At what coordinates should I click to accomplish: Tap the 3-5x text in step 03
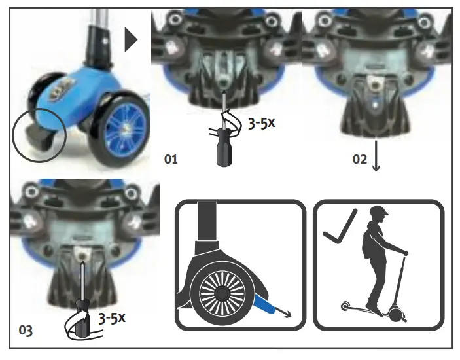[111, 319]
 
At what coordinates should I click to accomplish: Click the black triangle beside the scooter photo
[131, 41]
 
